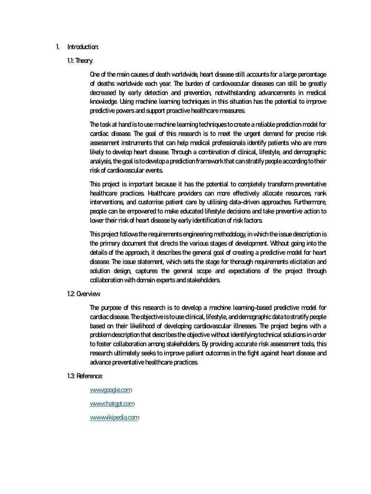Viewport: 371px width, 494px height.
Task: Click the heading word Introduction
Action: pyautogui.click(x=83, y=47)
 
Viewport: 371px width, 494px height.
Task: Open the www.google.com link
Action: pyautogui.click(x=111, y=389)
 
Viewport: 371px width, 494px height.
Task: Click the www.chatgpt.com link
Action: pyautogui.click(x=112, y=403)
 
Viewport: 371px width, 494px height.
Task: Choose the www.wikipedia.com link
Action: pyautogui.click(x=114, y=418)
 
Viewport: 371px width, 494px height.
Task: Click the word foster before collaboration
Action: pyautogui.click(x=101, y=344)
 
